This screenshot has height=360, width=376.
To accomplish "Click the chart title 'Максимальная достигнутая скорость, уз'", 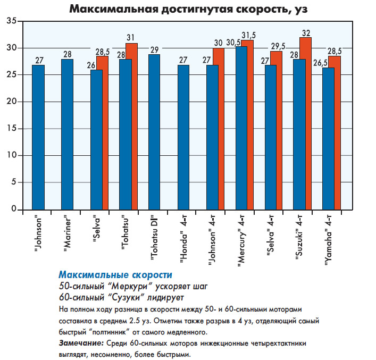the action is pos(188,9).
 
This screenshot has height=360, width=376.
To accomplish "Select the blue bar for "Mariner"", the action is pos(68,135).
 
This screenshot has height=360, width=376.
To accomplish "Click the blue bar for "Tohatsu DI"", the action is pos(154,132).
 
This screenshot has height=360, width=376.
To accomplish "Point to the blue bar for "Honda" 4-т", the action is pos(183,137).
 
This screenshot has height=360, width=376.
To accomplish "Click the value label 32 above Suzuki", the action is pos(306,33).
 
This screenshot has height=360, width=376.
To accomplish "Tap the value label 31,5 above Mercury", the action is pos(248,36).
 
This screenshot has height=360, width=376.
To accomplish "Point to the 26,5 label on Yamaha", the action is pos(321,63).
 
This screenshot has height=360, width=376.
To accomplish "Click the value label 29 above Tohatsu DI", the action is pos(154,50).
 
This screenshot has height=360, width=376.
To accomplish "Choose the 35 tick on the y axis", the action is pos(11,21).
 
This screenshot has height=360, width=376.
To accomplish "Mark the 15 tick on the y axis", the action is pos(11,129).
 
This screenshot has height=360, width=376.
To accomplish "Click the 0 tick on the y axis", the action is pos(13,209).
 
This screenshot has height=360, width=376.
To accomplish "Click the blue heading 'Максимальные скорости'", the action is pos(115,274).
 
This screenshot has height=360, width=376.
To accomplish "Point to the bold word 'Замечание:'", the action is pos(81,343).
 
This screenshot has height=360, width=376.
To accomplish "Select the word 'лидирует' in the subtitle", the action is pos(165,297).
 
